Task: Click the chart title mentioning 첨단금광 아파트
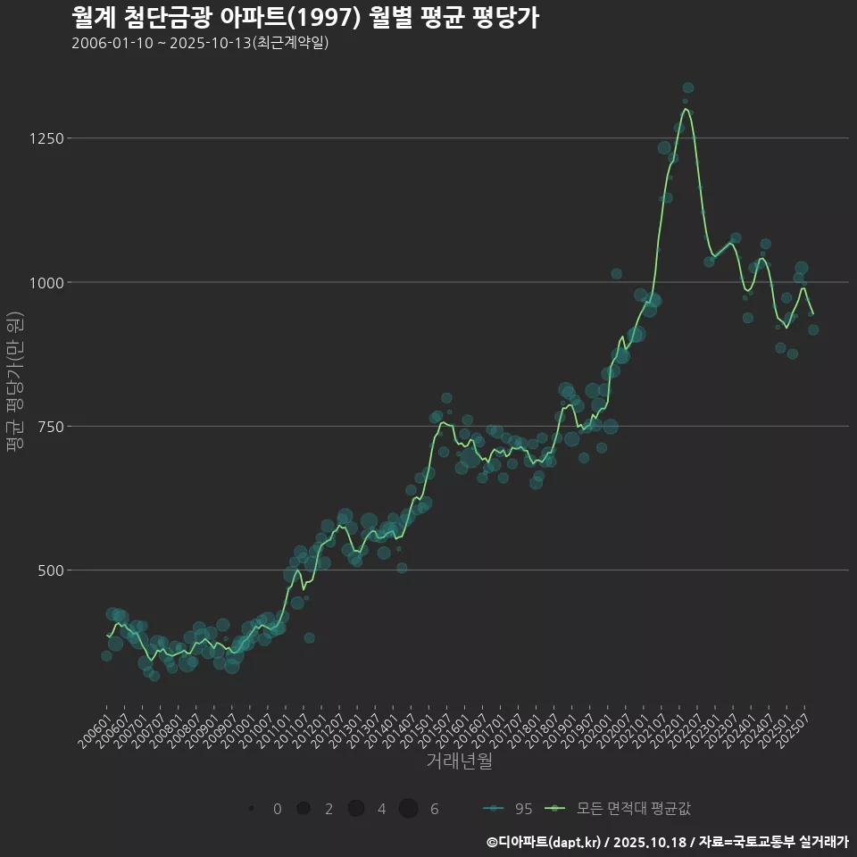304,18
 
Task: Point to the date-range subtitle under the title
200,43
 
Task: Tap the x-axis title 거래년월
459,761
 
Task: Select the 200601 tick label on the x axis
92,729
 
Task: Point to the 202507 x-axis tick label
792,729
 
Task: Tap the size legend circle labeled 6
409,809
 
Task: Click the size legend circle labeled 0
252,809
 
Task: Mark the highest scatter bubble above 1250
688,87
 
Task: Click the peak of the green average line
686,110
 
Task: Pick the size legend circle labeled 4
356,809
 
